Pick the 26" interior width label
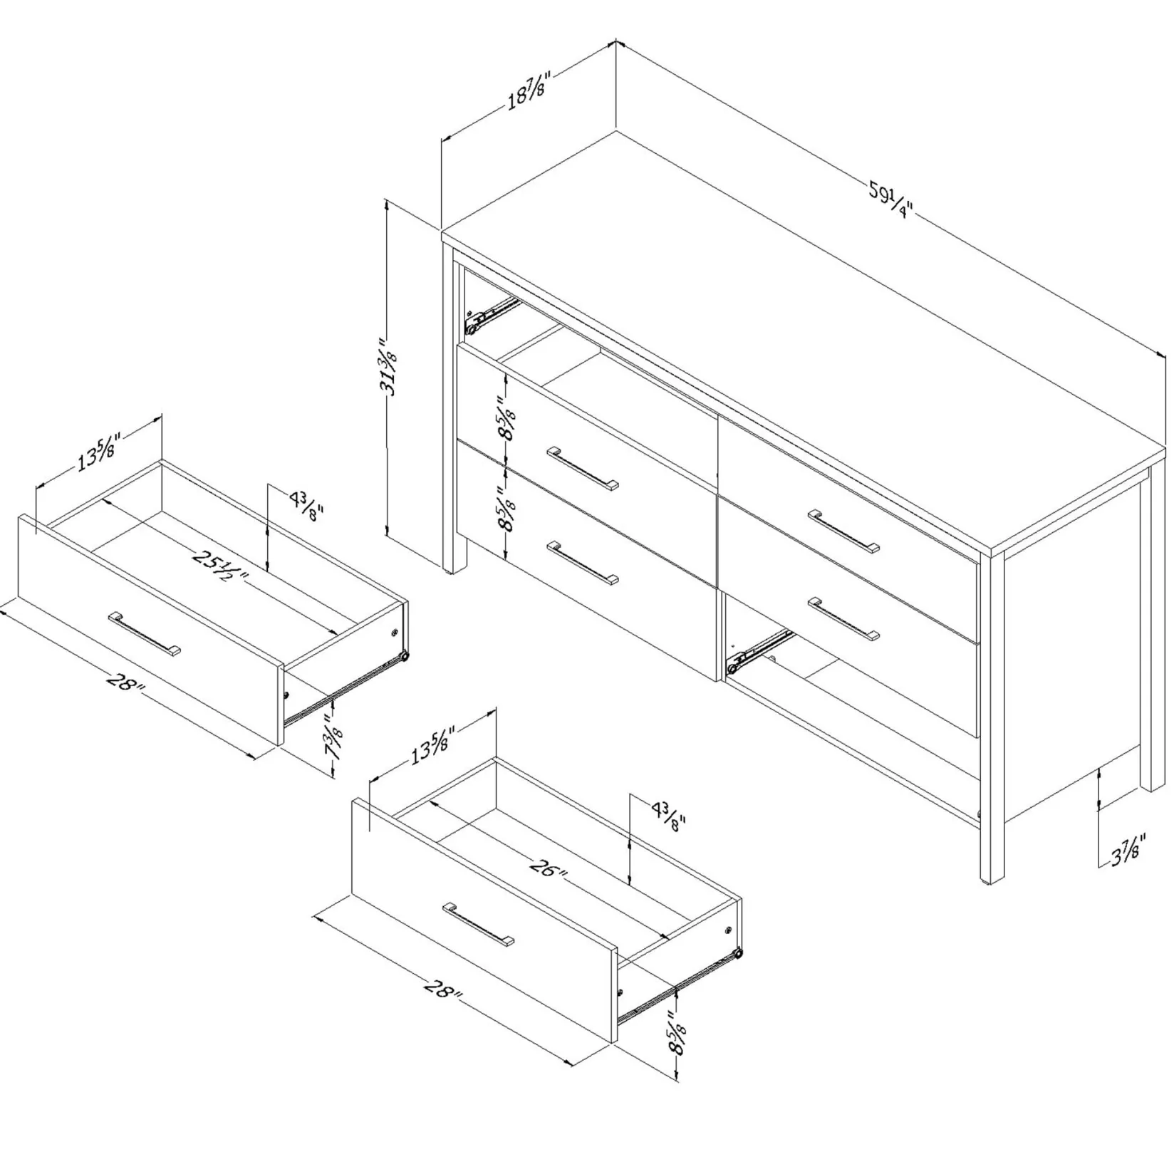pos(549,868)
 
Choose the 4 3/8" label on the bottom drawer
pos(667,816)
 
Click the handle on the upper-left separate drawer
pos(145,633)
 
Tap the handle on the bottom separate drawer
pos(478,925)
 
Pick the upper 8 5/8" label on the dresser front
pos(507,422)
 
